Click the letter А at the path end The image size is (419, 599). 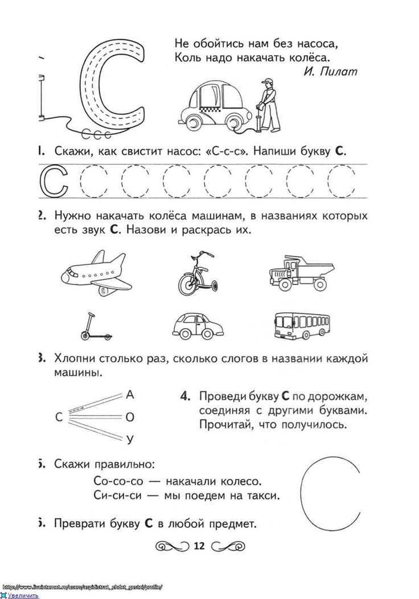[130, 394]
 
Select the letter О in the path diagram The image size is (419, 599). [130, 417]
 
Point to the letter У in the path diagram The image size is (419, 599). [130, 439]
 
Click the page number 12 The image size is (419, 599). [199, 547]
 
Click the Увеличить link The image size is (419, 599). [23, 596]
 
